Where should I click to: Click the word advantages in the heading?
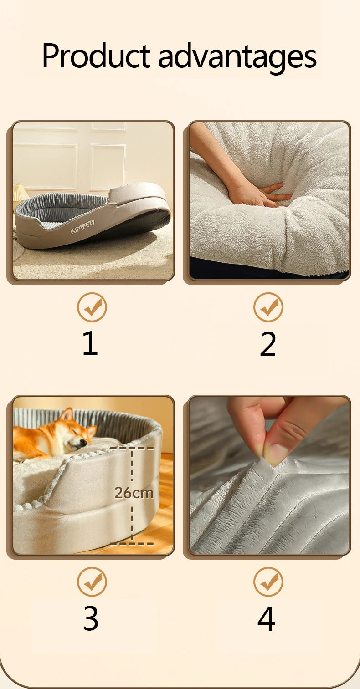click(x=237, y=58)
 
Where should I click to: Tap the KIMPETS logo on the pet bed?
click(x=82, y=226)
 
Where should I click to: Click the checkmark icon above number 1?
click(x=92, y=307)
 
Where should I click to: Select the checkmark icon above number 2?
click(x=268, y=307)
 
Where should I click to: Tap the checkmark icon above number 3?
click(x=92, y=582)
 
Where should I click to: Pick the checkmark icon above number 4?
click(x=268, y=582)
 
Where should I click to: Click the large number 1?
click(x=90, y=343)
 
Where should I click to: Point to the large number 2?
click(x=267, y=344)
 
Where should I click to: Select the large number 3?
click(x=91, y=618)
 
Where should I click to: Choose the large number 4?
click(x=267, y=618)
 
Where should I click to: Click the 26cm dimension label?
click(x=134, y=493)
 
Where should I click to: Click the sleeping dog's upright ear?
click(x=67, y=415)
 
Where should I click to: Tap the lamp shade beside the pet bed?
click(x=21, y=190)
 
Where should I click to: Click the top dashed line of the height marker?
click(x=132, y=448)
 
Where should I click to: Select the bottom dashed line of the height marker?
click(x=132, y=544)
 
